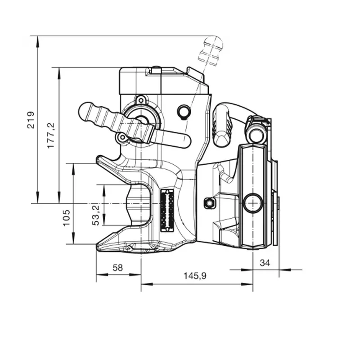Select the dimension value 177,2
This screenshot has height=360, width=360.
[x=50, y=135]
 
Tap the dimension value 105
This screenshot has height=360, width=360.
[x=67, y=217]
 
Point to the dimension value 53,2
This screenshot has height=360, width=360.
[x=95, y=213]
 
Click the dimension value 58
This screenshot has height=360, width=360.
[x=117, y=267]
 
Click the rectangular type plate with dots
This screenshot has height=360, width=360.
[x=167, y=210]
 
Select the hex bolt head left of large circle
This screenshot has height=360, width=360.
[x=208, y=203]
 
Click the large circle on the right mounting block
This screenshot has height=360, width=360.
[x=252, y=203]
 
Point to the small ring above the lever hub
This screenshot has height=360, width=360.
[x=141, y=99]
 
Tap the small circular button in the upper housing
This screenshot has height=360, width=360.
[x=184, y=111]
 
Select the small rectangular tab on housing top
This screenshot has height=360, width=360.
[x=156, y=70]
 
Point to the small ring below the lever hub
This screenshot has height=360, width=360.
[x=121, y=137]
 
